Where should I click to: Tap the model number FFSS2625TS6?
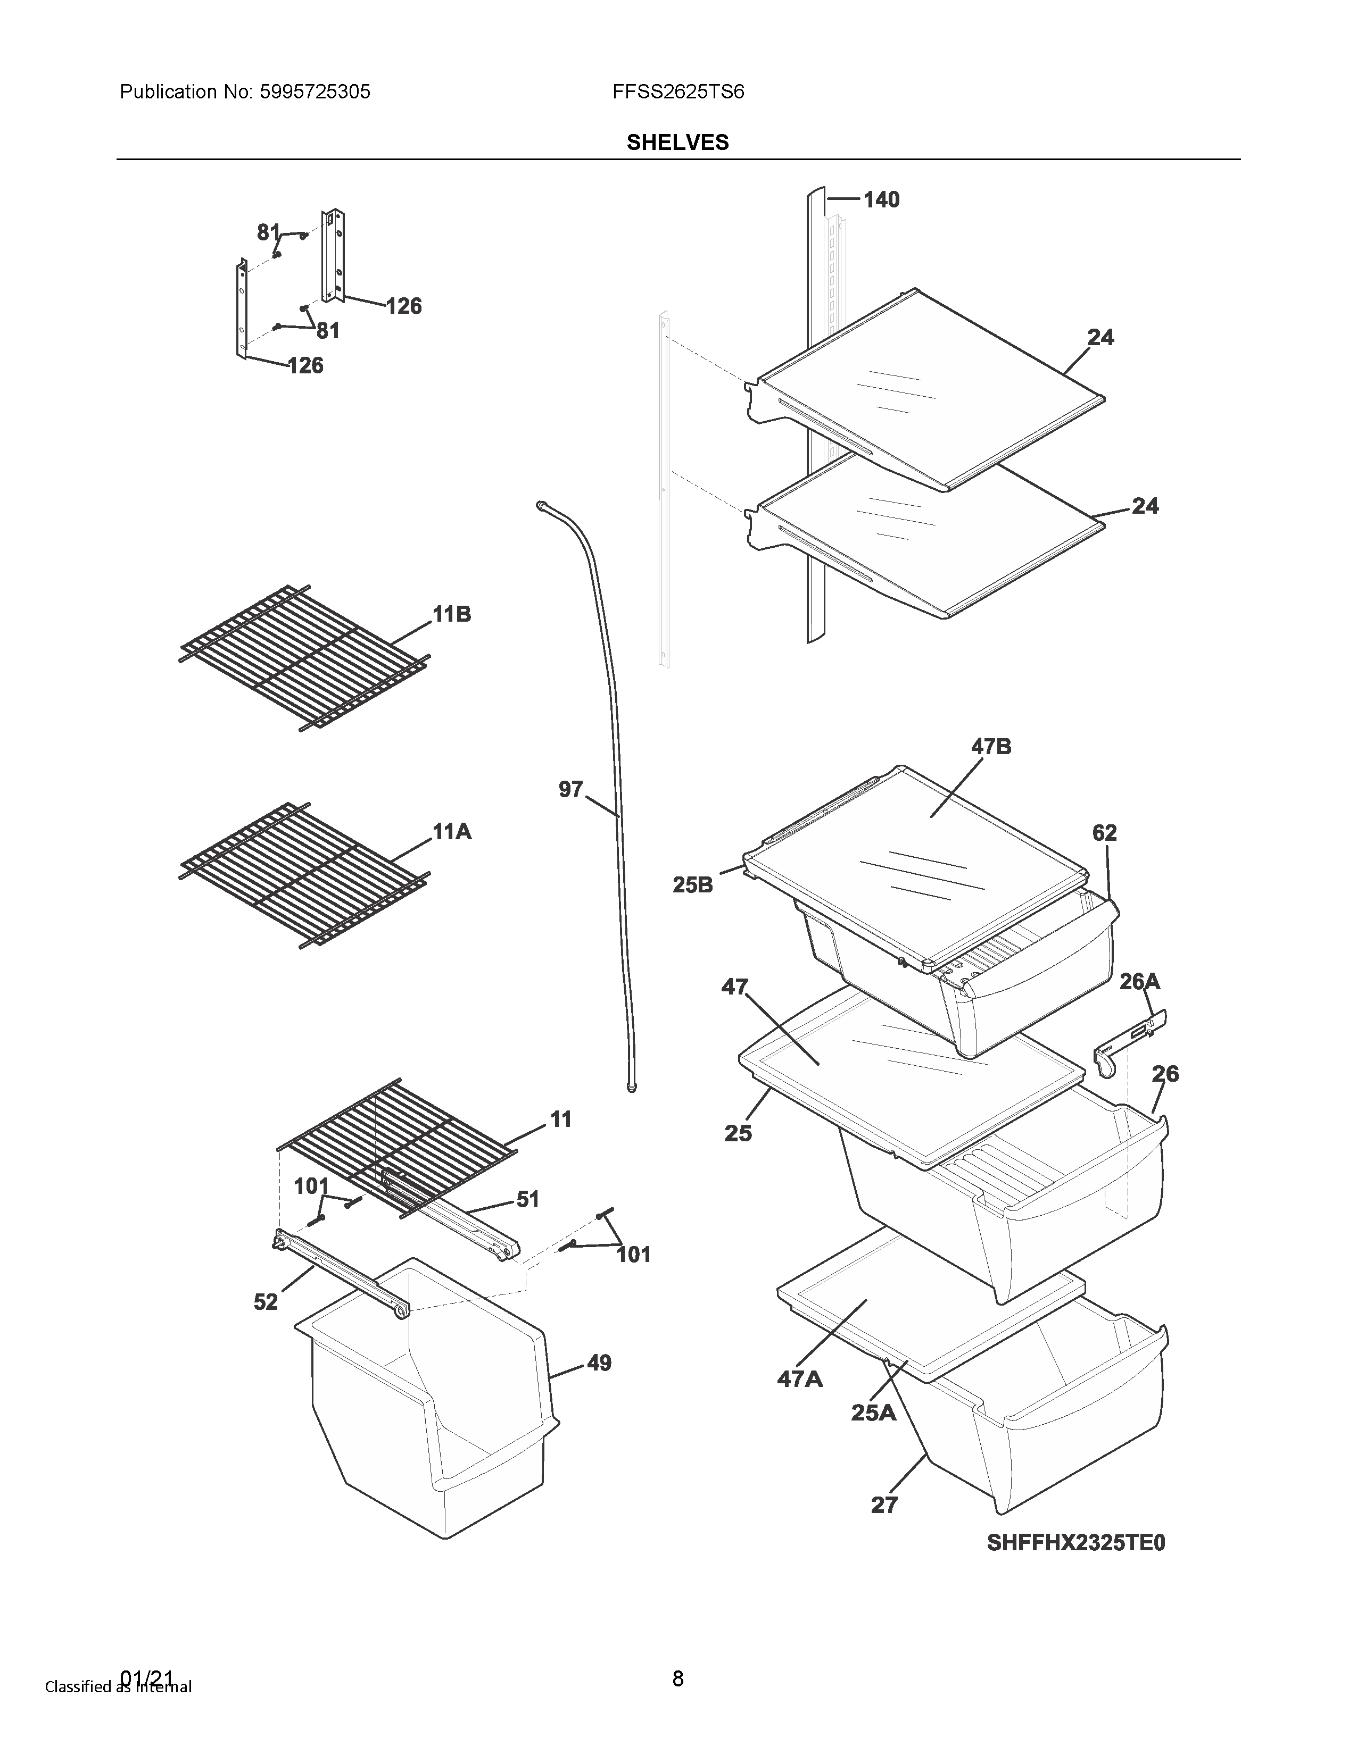[x=677, y=91]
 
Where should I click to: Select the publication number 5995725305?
[x=315, y=91]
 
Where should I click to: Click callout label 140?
[x=881, y=199]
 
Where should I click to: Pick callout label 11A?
[x=452, y=832]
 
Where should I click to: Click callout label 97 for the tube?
[x=571, y=790]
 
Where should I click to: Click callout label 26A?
[x=1140, y=981]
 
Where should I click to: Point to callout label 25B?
[x=693, y=885]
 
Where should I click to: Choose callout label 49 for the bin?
[x=599, y=1363]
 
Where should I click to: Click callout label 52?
[x=266, y=1302]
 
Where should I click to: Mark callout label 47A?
[x=800, y=1379]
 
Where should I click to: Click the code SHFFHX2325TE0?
[x=1075, y=1543]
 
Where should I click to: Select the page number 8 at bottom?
[x=677, y=1678]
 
